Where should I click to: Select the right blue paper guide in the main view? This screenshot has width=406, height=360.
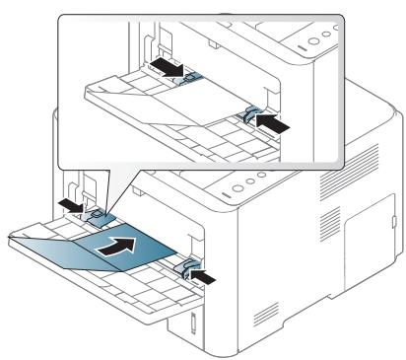[187, 267]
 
